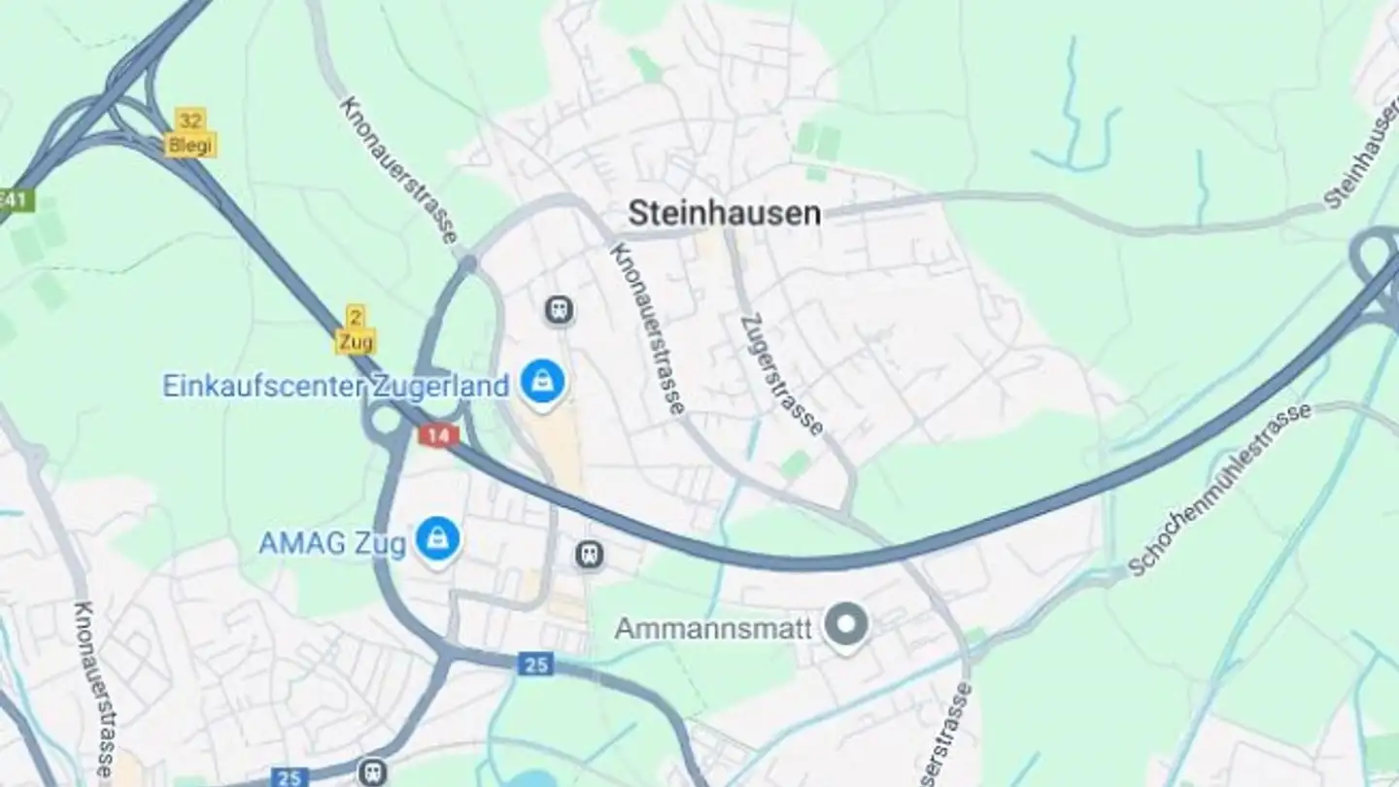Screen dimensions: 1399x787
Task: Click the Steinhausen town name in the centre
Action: click(x=724, y=213)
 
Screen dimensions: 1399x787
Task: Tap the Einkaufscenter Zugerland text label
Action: click(x=335, y=386)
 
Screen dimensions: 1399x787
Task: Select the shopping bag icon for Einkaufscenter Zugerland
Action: click(x=541, y=382)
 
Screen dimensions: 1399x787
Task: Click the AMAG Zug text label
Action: click(x=331, y=543)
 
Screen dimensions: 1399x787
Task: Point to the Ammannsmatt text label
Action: click(x=713, y=629)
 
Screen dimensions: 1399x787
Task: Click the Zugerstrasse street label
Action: click(x=781, y=373)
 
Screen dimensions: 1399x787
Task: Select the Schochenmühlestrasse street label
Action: click(x=1220, y=490)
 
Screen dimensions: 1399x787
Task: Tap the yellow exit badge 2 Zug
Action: click(x=356, y=329)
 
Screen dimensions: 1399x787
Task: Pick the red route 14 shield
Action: click(x=438, y=435)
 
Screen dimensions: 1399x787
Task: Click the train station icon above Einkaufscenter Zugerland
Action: click(x=558, y=310)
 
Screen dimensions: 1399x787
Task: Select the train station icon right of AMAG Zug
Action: click(x=589, y=555)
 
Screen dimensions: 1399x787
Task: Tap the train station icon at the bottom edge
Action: click(x=371, y=772)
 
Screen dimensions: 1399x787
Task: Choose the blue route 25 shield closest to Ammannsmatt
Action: click(x=535, y=665)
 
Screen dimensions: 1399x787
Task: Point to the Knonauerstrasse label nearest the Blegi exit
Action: click(x=399, y=168)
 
